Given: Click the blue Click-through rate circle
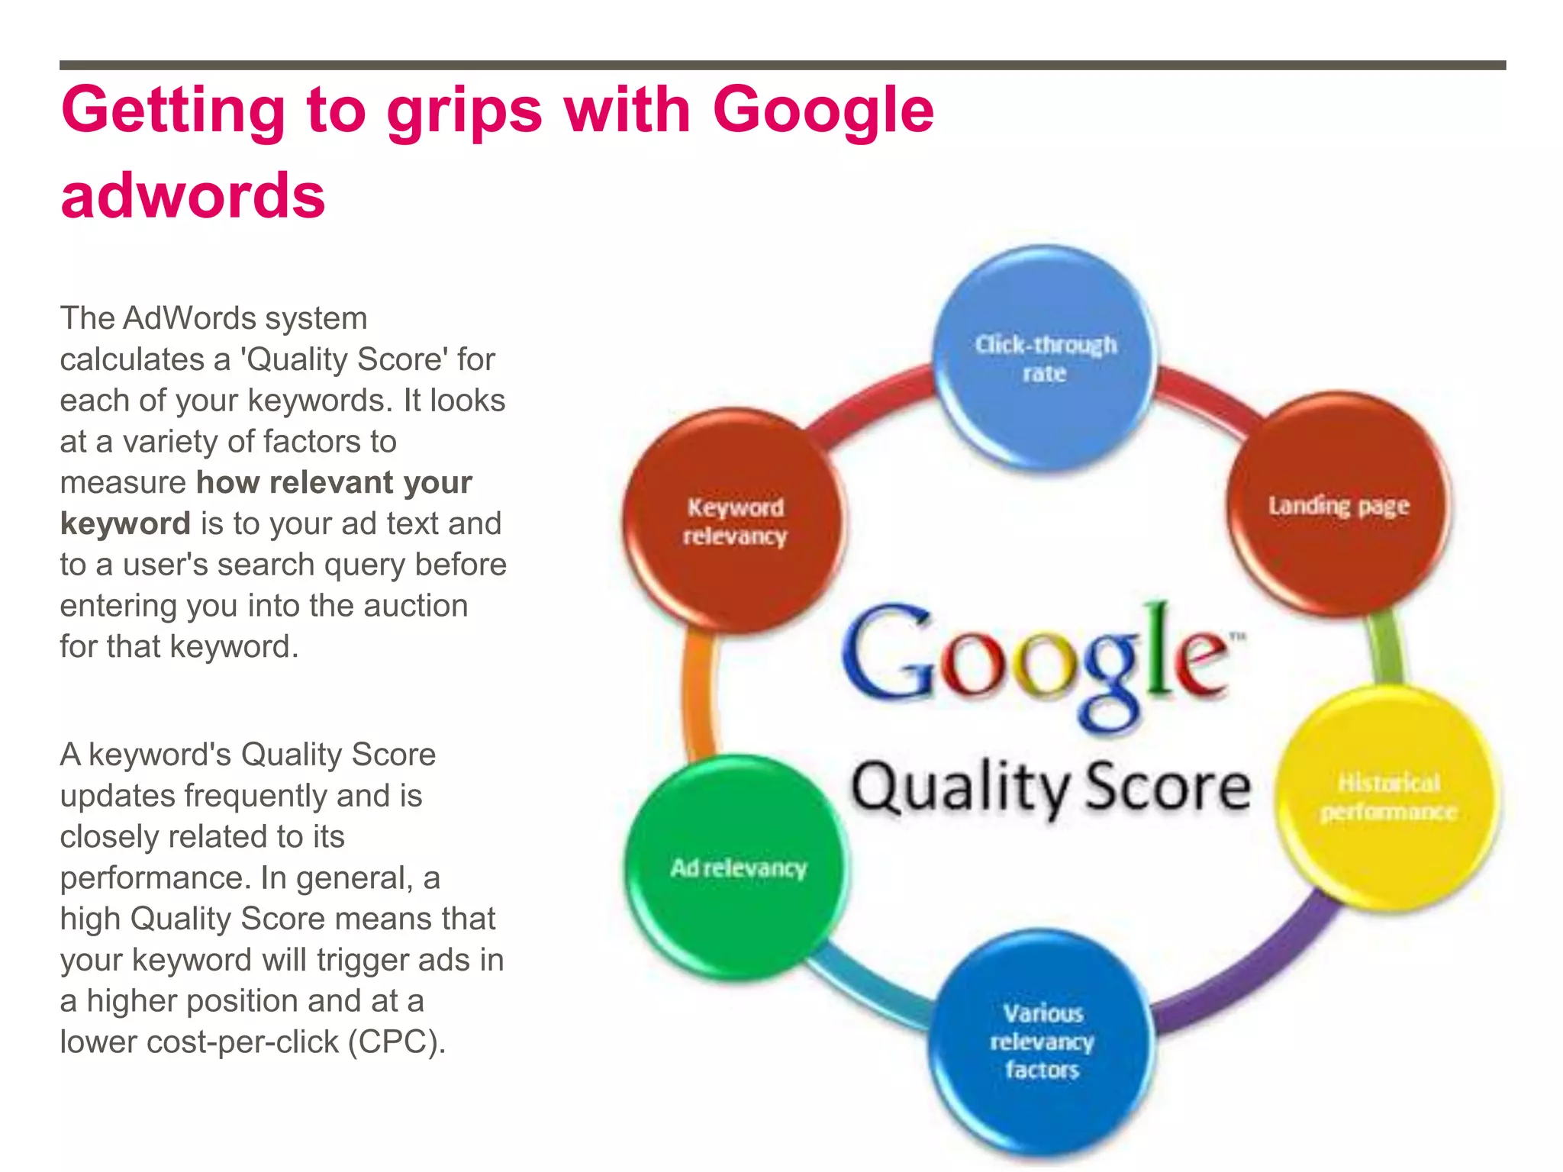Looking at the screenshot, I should click(x=1045, y=359).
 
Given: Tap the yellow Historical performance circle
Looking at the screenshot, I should click(x=1388, y=797).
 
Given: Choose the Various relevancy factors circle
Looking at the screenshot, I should click(x=1042, y=1042).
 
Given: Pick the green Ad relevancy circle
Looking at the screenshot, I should click(x=738, y=868).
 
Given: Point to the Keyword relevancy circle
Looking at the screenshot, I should click(x=734, y=521).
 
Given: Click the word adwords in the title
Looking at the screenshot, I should click(x=193, y=195).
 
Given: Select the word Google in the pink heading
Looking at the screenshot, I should click(x=823, y=110).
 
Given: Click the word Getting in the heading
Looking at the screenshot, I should click(x=173, y=110).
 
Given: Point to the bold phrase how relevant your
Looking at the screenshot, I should click(x=334, y=482).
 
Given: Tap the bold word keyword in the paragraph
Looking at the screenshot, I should click(x=125, y=523).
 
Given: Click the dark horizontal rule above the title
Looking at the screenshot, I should click(x=782, y=66).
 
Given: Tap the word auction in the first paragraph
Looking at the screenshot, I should click(x=415, y=606).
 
